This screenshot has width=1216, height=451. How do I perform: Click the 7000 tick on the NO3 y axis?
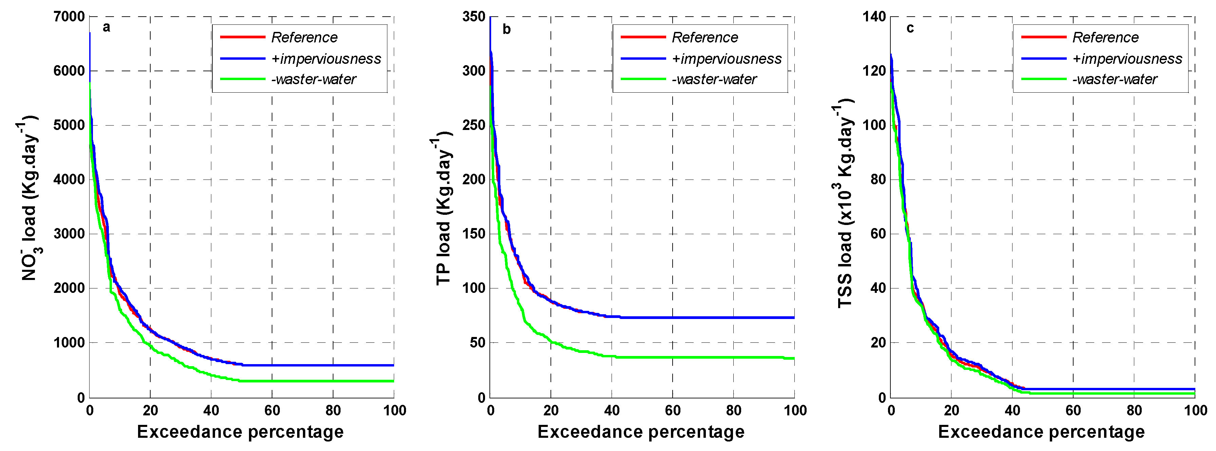tap(69, 17)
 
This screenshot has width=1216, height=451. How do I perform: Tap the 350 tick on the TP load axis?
tap(474, 17)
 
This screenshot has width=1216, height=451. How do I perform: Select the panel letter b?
tap(506, 29)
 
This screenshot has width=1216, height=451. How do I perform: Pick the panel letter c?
tap(910, 28)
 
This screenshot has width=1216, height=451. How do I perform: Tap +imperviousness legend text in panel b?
tap(727, 59)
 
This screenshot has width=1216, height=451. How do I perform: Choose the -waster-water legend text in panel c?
tap(1115, 79)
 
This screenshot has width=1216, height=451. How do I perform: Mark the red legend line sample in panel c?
tap(1044, 37)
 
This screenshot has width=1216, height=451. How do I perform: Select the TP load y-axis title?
tap(443, 208)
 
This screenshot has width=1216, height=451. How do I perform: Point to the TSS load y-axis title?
tap(844, 203)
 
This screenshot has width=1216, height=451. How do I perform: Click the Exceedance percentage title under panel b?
tap(641, 432)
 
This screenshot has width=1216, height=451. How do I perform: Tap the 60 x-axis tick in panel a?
tap(272, 410)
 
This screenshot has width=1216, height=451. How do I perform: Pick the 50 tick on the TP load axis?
tap(477, 343)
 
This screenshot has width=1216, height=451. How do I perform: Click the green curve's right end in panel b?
tap(793, 358)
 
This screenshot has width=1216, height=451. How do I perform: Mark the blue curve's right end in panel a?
tap(393, 365)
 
